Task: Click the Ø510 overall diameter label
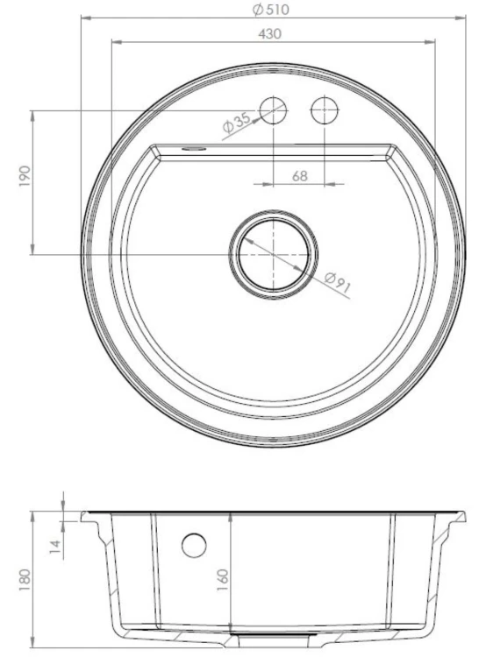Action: pos(270,10)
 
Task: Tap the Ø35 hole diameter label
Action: pos(237,124)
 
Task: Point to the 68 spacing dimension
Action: pos(299,176)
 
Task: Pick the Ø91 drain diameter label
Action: pos(338,283)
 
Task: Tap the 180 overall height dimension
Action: pos(25,579)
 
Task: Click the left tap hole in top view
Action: pos(275,110)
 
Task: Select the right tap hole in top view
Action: pos(325,110)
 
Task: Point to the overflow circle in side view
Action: pos(194,544)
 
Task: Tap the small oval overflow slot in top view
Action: pos(191,149)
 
